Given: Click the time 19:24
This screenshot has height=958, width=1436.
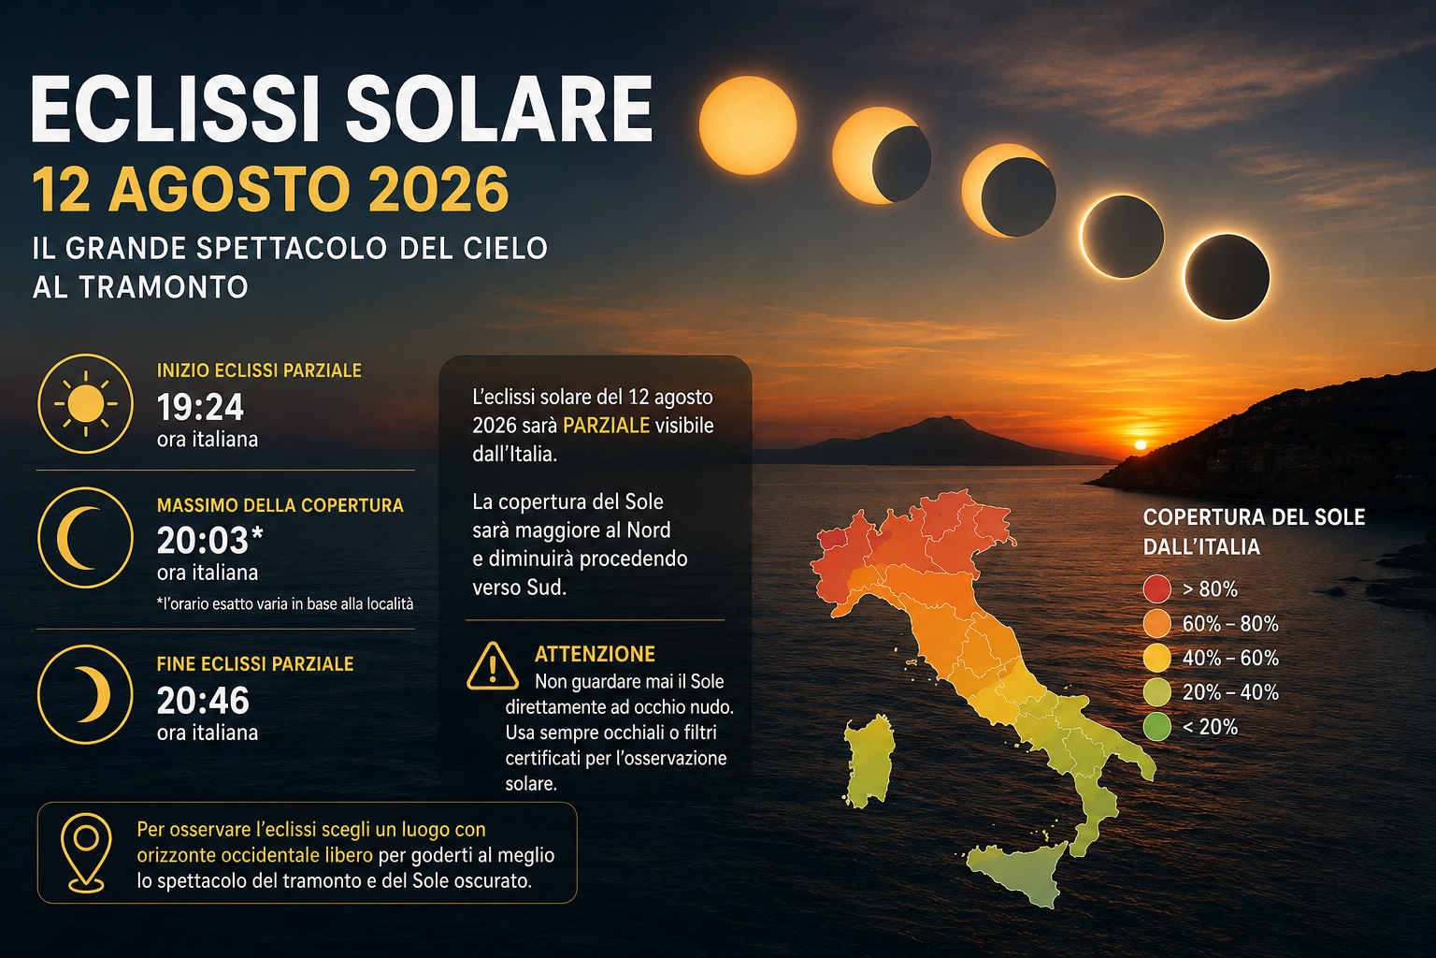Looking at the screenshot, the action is click(x=200, y=407).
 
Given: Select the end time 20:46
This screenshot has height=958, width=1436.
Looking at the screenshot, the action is click(x=203, y=700).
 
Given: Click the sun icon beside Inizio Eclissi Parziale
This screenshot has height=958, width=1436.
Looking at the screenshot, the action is click(x=85, y=403).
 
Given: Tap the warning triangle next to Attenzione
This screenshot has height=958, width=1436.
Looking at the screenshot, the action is click(x=493, y=665).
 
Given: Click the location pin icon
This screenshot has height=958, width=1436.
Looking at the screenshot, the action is click(x=86, y=853).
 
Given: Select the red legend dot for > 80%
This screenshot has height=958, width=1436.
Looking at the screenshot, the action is click(x=1157, y=589).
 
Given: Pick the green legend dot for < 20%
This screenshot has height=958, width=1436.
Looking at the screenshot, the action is click(x=1157, y=727).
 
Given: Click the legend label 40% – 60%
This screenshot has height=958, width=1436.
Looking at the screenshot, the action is click(x=1230, y=659).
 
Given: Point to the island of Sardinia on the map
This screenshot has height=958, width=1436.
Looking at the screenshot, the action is click(x=869, y=761).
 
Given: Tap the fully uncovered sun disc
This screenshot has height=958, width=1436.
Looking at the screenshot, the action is click(x=748, y=125).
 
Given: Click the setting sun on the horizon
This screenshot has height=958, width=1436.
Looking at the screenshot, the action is click(x=1141, y=444).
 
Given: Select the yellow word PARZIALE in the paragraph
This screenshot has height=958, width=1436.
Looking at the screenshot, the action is click(x=606, y=426).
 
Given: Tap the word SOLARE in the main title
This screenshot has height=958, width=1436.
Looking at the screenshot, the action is click(x=498, y=109).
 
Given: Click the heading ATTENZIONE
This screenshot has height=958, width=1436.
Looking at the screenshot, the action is click(x=595, y=654).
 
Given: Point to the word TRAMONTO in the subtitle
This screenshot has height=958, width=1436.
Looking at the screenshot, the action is click(x=164, y=287).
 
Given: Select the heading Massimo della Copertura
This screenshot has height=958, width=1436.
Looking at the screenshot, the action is click(x=280, y=505).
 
